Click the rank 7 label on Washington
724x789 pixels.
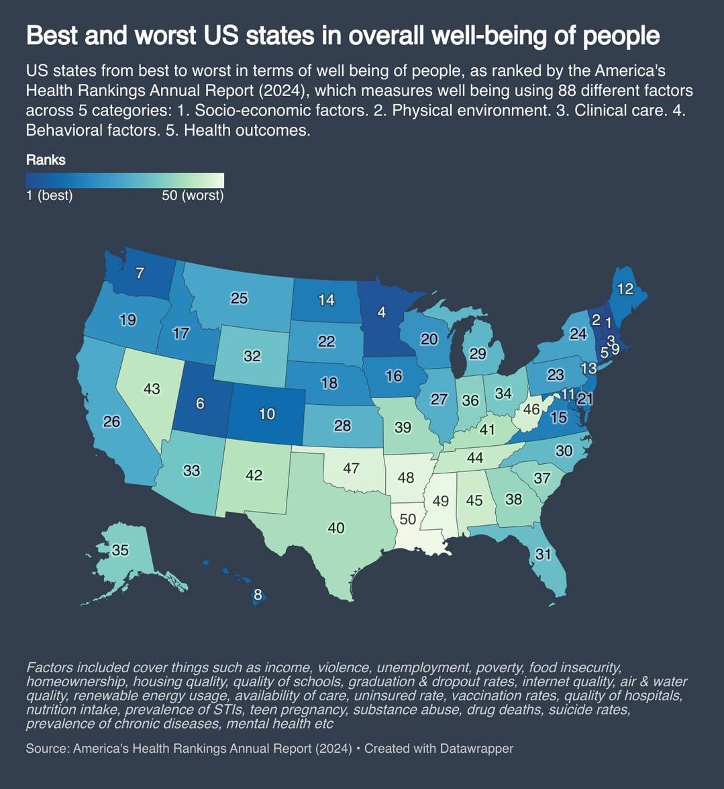pyautogui.click(x=140, y=273)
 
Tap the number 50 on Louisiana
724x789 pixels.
pyautogui.click(x=408, y=519)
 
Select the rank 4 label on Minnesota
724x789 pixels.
pyautogui.click(x=382, y=312)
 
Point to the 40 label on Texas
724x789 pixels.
pyautogui.click(x=335, y=528)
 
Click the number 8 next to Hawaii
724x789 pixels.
pyautogui.click(x=258, y=595)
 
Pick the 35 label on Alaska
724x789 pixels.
pyautogui.click(x=120, y=550)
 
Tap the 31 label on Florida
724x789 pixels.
pyautogui.click(x=543, y=555)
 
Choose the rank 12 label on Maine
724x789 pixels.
pyautogui.click(x=625, y=289)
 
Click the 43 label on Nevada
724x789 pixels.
pyautogui.click(x=152, y=389)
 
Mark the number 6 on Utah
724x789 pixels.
pyautogui.click(x=200, y=404)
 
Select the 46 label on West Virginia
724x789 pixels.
pyautogui.click(x=531, y=409)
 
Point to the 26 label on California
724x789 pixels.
pyautogui.click(x=111, y=422)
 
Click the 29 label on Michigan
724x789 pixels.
pyautogui.click(x=478, y=353)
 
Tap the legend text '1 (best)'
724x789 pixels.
pyautogui.click(x=50, y=196)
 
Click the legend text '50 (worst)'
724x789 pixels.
pyautogui.click(x=193, y=196)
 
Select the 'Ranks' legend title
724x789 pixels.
pyautogui.click(x=46, y=160)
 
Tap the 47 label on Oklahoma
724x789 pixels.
pyautogui.click(x=351, y=468)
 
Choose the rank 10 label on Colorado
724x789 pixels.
pyautogui.click(x=267, y=414)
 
